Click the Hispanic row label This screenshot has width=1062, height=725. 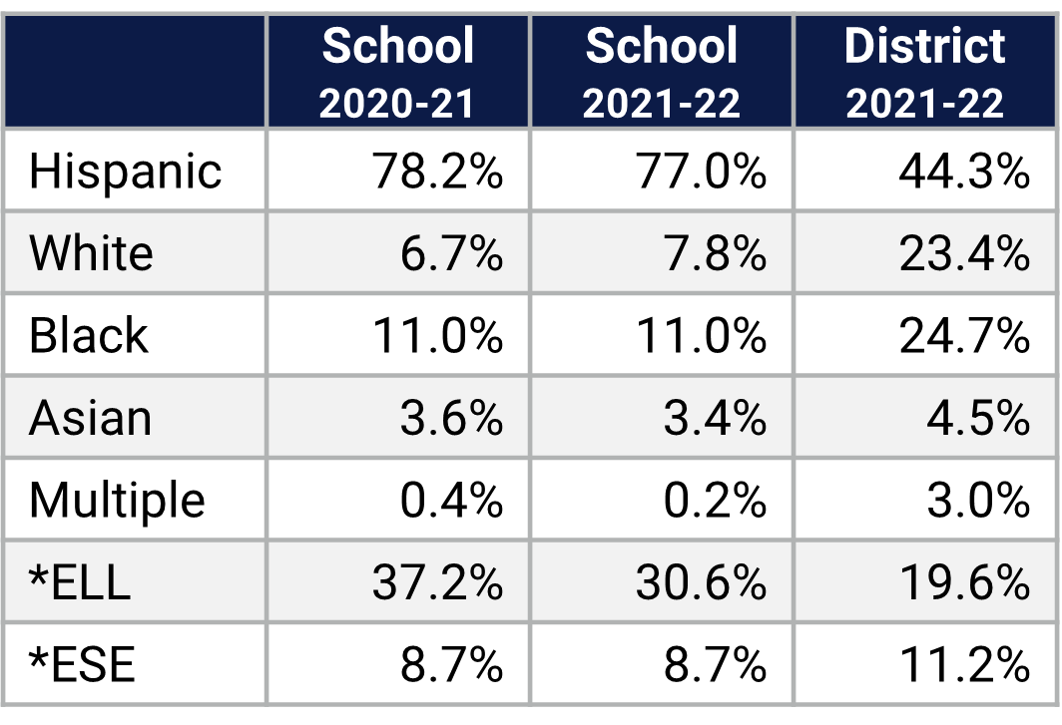pos(125,172)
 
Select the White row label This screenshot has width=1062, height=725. pos(91,253)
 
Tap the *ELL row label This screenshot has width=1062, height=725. pos(80,582)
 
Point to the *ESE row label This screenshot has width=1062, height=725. pos(81,664)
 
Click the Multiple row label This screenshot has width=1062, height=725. pos(117,500)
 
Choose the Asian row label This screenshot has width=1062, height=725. pos(90,418)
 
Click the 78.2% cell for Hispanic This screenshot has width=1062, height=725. pos(437,172)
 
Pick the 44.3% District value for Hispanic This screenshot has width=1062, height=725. pos(963,172)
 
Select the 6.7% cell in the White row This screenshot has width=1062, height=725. pos(451,253)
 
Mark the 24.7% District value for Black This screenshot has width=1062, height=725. pos(963,336)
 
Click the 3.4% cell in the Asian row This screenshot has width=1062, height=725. pos(715,418)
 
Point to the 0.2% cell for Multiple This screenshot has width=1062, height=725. pos(715,500)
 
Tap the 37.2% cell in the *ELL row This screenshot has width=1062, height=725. pos(437,582)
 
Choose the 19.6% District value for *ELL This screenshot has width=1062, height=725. pos(963,582)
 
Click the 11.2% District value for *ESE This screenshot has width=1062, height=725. pos(963,664)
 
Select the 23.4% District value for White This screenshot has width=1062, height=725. pos(963,253)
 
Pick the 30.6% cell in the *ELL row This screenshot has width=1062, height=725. pos(701,582)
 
